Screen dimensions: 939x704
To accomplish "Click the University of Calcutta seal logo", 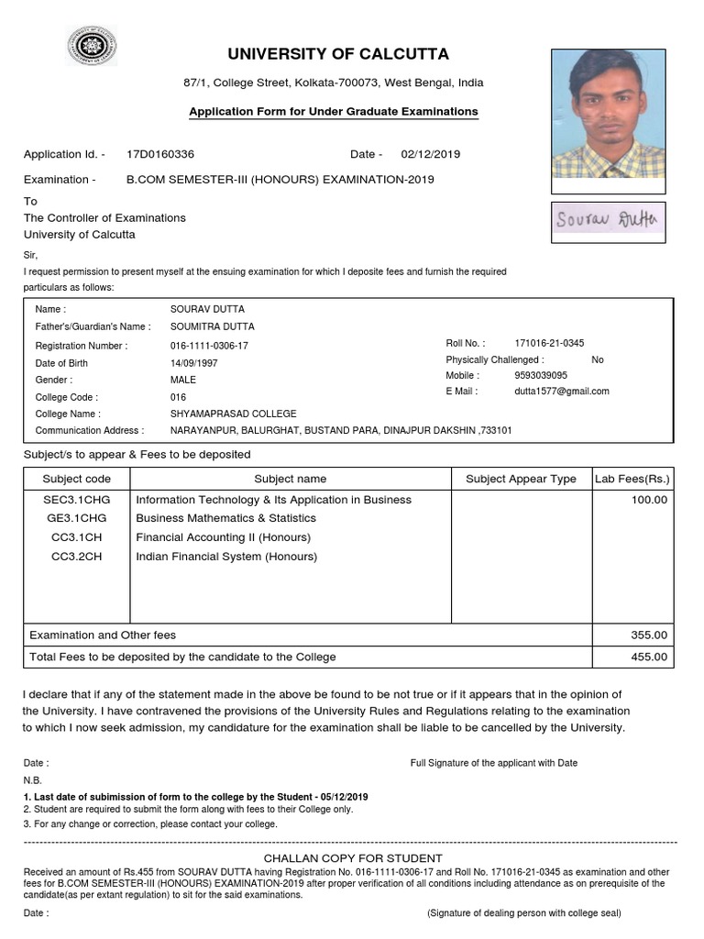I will pyautogui.click(x=91, y=47).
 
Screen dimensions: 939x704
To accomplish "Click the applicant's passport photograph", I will pyautogui.click(x=609, y=114).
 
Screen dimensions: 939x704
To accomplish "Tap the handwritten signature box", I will pyautogui.click(x=609, y=220).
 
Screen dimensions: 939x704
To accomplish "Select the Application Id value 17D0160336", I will pyautogui.click(x=160, y=154).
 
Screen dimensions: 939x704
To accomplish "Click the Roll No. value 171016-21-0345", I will pyautogui.click(x=549, y=343).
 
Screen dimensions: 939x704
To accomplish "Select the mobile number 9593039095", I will pyautogui.click(x=541, y=375).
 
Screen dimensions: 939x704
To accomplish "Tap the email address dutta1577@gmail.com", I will pyautogui.click(x=561, y=391).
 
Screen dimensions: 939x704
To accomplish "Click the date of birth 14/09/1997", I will pyautogui.click(x=194, y=363).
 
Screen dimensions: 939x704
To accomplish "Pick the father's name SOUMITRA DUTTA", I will pyautogui.click(x=213, y=326).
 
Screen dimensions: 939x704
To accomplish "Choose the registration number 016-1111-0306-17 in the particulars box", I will pyautogui.click(x=209, y=346).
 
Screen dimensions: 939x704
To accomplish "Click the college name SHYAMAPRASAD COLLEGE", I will pyautogui.click(x=234, y=414).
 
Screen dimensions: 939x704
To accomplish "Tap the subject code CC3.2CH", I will pyautogui.click(x=77, y=557).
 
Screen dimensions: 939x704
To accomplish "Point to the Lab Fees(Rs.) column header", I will pyautogui.click(x=632, y=479).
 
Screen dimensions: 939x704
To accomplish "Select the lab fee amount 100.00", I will pyautogui.click(x=650, y=500).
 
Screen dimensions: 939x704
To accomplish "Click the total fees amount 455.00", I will pyautogui.click(x=650, y=657).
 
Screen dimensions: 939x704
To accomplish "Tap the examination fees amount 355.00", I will pyautogui.click(x=650, y=635).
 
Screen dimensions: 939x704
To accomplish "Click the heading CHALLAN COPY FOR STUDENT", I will pyautogui.click(x=351, y=856).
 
